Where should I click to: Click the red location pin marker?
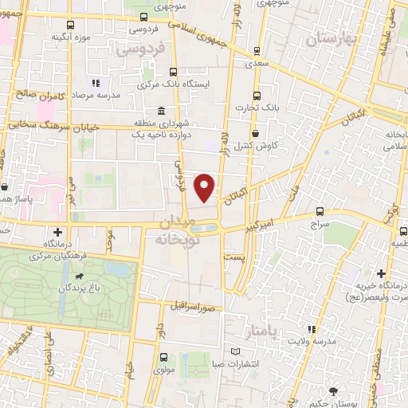206,187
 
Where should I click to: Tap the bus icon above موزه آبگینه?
71,25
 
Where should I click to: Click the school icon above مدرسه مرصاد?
96,82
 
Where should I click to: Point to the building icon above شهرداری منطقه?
162,111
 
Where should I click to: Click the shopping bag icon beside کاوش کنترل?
255,134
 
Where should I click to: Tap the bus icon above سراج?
320,211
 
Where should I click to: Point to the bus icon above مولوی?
164,358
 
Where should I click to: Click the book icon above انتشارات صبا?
233,351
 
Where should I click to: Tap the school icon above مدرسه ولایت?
312,329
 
